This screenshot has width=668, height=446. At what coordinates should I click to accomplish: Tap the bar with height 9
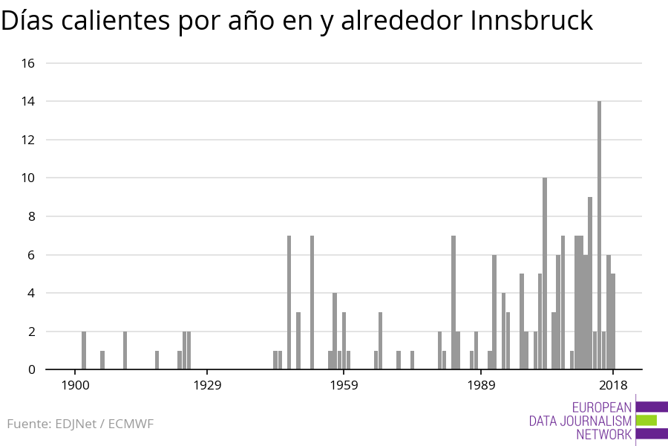coord(590,283)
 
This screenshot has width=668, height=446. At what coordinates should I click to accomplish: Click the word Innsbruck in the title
coord(532,21)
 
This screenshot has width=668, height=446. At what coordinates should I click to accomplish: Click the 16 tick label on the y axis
coord(28,63)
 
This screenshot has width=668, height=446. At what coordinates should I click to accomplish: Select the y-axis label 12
coord(28,140)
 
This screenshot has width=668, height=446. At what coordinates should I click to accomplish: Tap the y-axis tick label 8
coord(31,216)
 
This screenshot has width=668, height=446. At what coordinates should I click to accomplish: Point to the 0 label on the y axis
coord(31,369)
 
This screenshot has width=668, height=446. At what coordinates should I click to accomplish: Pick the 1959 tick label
coord(344,385)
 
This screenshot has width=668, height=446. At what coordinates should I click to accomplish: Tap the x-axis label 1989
coord(481,385)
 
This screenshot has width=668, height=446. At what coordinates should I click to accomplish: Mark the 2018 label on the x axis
coord(613,385)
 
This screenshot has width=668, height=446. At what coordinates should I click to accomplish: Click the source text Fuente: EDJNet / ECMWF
coord(80,424)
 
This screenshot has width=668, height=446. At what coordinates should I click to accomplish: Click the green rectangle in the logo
coord(646,420)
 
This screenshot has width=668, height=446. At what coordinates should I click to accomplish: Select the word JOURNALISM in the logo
coord(580,421)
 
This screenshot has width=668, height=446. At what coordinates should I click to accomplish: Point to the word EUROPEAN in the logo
coord(601,407)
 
